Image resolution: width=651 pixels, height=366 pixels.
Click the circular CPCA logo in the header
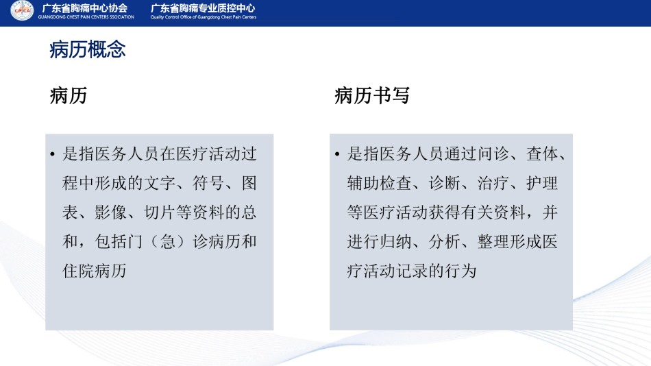coord(22,10)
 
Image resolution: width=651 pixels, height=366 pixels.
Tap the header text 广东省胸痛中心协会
coord(85,8)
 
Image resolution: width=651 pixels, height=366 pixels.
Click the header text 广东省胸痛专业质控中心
coord(203,8)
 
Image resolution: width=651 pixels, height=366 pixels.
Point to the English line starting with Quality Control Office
coord(204,17)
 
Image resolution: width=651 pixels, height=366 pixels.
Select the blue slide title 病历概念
coord(88,49)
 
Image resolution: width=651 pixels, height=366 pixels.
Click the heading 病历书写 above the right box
coord(372,95)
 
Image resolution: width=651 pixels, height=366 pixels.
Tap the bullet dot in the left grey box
coord(52,155)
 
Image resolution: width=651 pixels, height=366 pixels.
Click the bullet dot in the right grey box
coord(336,155)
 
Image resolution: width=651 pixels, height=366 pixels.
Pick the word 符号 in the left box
coord(208,183)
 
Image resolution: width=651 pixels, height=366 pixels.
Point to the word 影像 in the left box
coord(111,212)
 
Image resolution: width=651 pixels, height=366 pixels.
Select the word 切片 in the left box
coord(160,212)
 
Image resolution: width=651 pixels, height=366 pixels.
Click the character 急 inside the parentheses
coord(168,242)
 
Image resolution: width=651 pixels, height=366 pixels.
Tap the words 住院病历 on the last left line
coord(95,271)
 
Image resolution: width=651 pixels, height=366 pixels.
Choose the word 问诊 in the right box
coord(493,154)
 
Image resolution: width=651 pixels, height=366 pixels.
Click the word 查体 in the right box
coord(542,154)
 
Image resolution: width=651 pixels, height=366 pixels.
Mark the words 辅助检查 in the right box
coord(379,183)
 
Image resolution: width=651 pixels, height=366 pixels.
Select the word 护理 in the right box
coord(542,183)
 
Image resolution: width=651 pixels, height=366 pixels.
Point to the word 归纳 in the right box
coord(395,242)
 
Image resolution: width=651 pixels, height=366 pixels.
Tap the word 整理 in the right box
coord(493,242)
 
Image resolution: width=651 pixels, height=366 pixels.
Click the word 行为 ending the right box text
coord(461,271)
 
